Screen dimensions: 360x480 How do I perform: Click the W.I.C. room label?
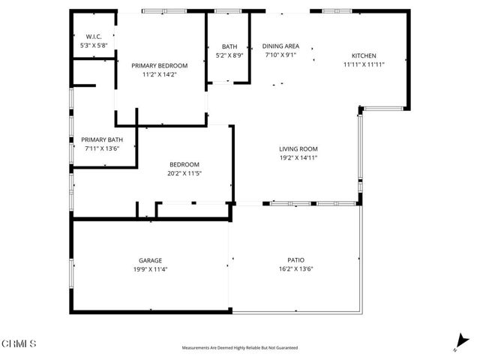pyautogui.click(x=94, y=36)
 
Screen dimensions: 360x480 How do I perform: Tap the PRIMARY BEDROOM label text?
pyautogui.click(x=160, y=65)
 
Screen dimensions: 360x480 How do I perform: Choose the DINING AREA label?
pyautogui.click(x=280, y=46)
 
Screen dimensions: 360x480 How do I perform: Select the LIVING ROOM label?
pyautogui.click(x=298, y=148)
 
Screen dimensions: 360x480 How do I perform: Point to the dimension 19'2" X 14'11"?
pyautogui.click(x=298, y=158)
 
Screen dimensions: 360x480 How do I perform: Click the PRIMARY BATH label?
pyautogui.click(x=102, y=139)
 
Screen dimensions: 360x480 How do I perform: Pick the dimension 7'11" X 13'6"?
pyautogui.click(x=102, y=148)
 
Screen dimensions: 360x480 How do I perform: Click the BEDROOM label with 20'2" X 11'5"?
pyautogui.click(x=184, y=164)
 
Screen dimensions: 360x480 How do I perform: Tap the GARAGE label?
pyautogui.click(x=149, y=260)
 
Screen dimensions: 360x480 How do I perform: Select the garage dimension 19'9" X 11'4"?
pyautogui.click(x=149, y=269)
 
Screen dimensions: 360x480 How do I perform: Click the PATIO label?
pyautogui.click(x=295, y=260)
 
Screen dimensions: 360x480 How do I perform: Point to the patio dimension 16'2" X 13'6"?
pyautogui.click(x=295, y=269)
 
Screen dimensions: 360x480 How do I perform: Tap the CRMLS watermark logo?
pyautogui.click(x=19, y=344)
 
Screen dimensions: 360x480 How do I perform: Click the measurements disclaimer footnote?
pyautogui.click(x=240, y=348)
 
